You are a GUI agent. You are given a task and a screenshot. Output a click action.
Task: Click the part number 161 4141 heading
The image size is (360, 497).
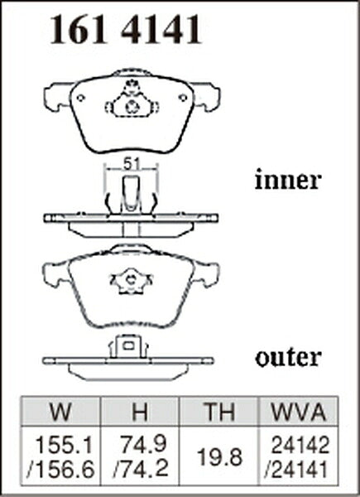pyautogui.click(x=126, y=29)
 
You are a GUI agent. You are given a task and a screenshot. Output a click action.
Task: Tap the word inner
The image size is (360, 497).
pyautogui.click(x=288, y=180)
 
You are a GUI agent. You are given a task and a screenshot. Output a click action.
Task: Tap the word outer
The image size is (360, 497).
pyautogui.click(x=288, y=358)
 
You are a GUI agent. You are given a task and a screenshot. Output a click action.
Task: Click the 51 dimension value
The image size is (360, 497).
pyautogui.click(x=132, y=164)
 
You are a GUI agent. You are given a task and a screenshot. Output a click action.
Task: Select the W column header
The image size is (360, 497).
pyautogui.click(x=60, y=412)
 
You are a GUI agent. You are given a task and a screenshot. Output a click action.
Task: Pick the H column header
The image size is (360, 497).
pyautogui.click(x=140, y=412)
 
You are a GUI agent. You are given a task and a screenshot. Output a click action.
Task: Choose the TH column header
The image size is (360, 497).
pyautogui.click(x=219, y=412)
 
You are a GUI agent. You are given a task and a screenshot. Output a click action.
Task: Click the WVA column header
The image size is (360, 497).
pyautogui.click(x=299, y=412)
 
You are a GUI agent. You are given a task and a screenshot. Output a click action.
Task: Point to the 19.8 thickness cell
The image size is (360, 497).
pyautogui.click(x=219, y=456)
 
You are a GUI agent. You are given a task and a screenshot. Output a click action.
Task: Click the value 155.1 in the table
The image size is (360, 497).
pyautogui.click(x=65, y=445)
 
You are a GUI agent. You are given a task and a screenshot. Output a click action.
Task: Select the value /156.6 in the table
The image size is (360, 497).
pyautogui.click(x=60, y=469)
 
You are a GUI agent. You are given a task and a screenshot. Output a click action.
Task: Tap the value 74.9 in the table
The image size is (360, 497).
pyautogui.click(x=144, y=444)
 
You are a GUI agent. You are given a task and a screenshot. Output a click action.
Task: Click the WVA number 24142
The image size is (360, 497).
pyautogui.click(x=300, y=445)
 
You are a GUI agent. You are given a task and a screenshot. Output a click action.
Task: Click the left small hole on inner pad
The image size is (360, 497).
pyautogui.click(x=80, y=98)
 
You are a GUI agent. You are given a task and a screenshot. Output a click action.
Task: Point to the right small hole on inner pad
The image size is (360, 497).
pyautogui.click(x=183, y=98)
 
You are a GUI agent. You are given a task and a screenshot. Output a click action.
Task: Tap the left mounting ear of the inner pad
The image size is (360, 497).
pyautogui.click(x=57, y=96)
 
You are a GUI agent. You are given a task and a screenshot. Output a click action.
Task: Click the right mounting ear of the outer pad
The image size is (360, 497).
pyautogui.click(x=206, y=274)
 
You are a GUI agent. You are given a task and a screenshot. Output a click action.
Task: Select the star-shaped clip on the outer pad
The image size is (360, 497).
pyautogui.click(x=131, y=281)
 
